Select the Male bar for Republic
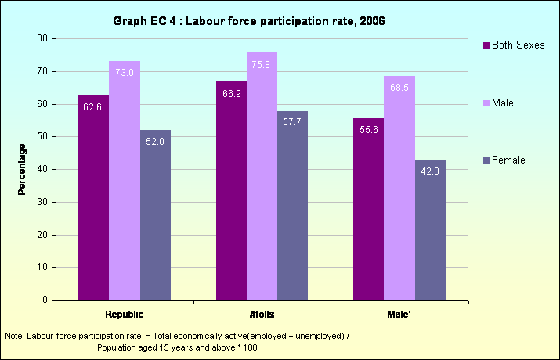(125, 180)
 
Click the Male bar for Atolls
(262, 176)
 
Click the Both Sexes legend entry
(517, 45)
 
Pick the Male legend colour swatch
(486, 103)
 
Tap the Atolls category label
(262, 315)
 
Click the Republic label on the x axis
(125, 315)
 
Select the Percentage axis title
(23, 169)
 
